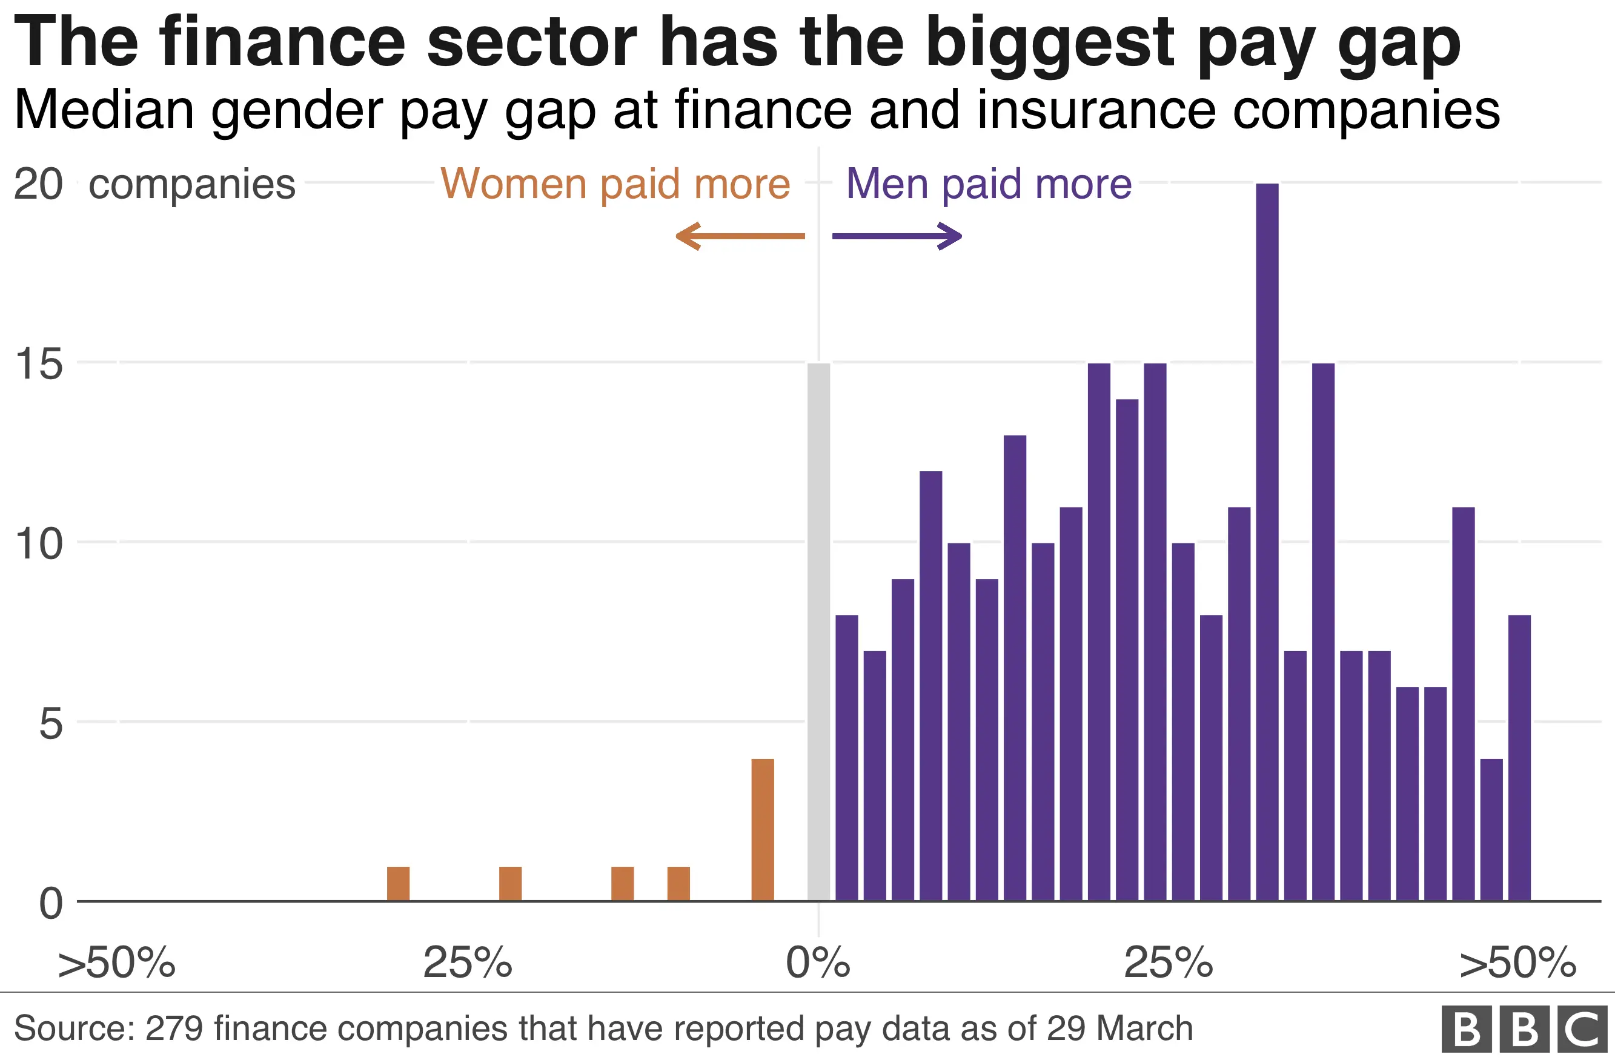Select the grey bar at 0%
pyautogui.click(x=818, y=631)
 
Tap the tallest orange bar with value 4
pyautogui.click(x=763, y=829)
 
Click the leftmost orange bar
pyautogui.click(x=399, y=883)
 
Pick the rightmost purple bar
pyautogui.click(x=1519, y=757)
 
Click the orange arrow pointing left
pyautogui.click(x=740, y=236)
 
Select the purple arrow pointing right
pyautogui.click(x=897, y=236)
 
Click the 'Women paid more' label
pyautogui.click(x=615, y=184)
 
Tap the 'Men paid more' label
pyautogui.click(x=989, y=184)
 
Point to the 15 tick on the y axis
pyautogui.click(x=39, y=364)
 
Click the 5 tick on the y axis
pyautogui.click(x=50, y=723)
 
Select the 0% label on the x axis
pyautogui.click(x=818, y=962)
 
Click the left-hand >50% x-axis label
pyautogui.click(x=117, y=962)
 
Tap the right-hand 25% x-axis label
pyautogui.click(x=1169, y=962)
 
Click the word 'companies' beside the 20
pyautogui.click(x=192, y=184)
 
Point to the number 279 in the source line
pyautogui.click(x=174, y=1028)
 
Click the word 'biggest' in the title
pyautogui.click(x=1049, y=42)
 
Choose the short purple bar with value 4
pyautogui.click(x=1491, y=829)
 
